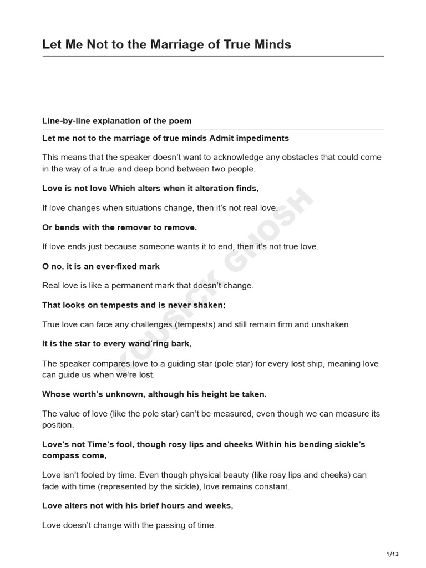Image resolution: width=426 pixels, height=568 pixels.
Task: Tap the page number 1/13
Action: (392, 554)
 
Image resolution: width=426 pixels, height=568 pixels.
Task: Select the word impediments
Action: (262, 138)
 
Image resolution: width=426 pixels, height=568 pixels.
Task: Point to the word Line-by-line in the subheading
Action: (63, 121)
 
